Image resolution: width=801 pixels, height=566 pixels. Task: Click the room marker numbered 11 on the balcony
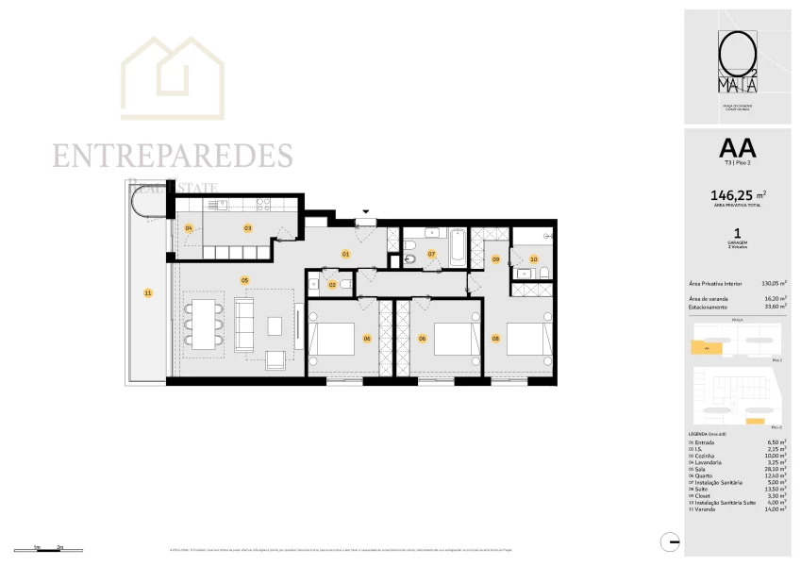tap(148, 293)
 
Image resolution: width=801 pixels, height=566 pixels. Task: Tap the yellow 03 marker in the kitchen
tap(248, 227)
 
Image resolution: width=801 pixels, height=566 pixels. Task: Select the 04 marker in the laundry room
tap(189, 228)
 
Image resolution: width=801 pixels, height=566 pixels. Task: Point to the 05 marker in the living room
tap(244, 279)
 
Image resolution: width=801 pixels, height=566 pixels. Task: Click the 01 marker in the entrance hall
tap(345, 254)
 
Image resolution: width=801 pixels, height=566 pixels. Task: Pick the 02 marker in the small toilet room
tap(332, 283)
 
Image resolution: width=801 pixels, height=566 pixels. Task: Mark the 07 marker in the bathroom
tap(431, 254)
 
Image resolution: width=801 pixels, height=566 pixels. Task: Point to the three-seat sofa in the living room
tap(244, 325)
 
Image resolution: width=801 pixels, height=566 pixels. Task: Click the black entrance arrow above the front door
tap(367, 212)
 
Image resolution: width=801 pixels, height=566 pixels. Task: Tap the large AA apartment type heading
tap(737, 148)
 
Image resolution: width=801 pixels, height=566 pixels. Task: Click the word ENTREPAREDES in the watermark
tap(173, 156)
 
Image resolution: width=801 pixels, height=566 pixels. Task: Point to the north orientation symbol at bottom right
tap(671, 542)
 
